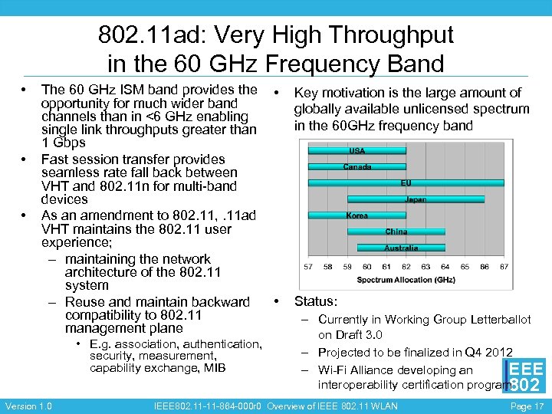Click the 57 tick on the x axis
click(x=308, y=267)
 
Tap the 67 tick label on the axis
click(x=504, y=267)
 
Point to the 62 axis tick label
click(x=406, y=267)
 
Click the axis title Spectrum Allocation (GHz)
click(x=406, y=280)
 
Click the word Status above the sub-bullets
click(x=315, y=302)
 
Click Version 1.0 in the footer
click(x=28, y=406)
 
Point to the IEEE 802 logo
click(x=525, y=376)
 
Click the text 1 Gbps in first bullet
click(x=63, y=143)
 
